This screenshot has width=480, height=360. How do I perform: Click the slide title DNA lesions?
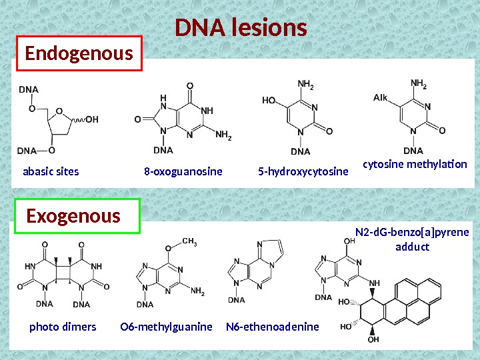coord(241,29)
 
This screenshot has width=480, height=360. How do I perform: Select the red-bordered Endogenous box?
coord(79,53)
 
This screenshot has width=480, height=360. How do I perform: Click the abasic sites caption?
coord(51,171)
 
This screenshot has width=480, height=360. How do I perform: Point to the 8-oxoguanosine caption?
coord(183,171)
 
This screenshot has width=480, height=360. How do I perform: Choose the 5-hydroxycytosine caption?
coord(303,171)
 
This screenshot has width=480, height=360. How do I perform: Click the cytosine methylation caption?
coord(415,163)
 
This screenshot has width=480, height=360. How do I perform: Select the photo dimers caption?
coord(63,327)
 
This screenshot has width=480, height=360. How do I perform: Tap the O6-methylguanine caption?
coord(166,327)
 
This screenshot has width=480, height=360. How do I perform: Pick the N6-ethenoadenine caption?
coord(273,327)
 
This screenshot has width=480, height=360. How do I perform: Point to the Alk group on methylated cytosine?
coord(380,98)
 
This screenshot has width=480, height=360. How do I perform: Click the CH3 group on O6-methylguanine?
coord(189,243)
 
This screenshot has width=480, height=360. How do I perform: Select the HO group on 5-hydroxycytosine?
coord(269,101)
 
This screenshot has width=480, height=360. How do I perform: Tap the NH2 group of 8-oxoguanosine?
coord(224,136)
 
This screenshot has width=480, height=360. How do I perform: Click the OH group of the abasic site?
coord(91,120)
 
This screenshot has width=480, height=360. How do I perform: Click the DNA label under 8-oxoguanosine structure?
coord(163,150)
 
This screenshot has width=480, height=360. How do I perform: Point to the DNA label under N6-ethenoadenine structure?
coord(237,300)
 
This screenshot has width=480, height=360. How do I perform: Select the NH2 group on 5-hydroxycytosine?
coord(305,85)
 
